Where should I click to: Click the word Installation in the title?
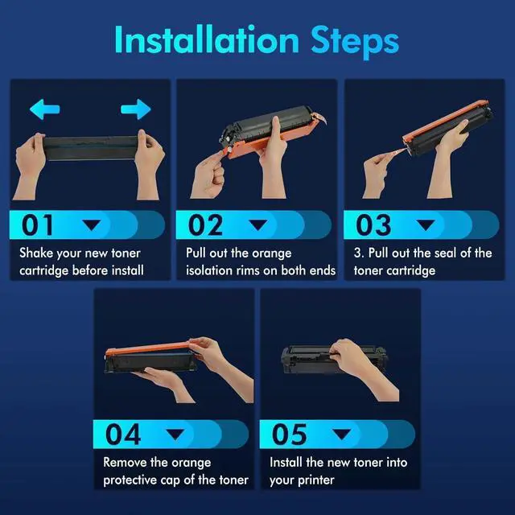point(207,39)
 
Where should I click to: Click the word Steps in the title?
point(355,43)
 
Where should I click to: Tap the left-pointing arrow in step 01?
point(45,109)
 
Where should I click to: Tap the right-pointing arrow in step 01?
point(136,109)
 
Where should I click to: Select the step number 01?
point(37,225)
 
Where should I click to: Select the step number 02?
point(206,225)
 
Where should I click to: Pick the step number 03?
point(373,225)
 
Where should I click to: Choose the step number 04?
point(123,434)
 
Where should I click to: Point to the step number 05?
point(290,434)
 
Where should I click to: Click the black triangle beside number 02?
point(258,225)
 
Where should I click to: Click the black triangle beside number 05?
point(341,434)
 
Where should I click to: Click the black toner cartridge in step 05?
point(334,360)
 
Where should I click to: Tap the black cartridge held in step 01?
point(90,148)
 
